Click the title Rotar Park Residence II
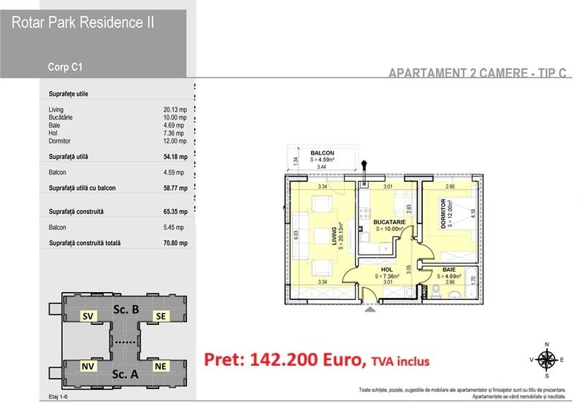(x=83, y=23)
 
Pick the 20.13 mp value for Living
(x=176, y=110)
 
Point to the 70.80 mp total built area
(x=176, y=243)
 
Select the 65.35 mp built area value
(x=176, y=212)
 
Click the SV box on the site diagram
(x=88, y=316)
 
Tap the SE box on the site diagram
(x=159, y=316)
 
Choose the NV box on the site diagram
(x=88, y=365)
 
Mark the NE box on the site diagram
(x=159, y=365)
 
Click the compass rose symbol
(x=547, y=359)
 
